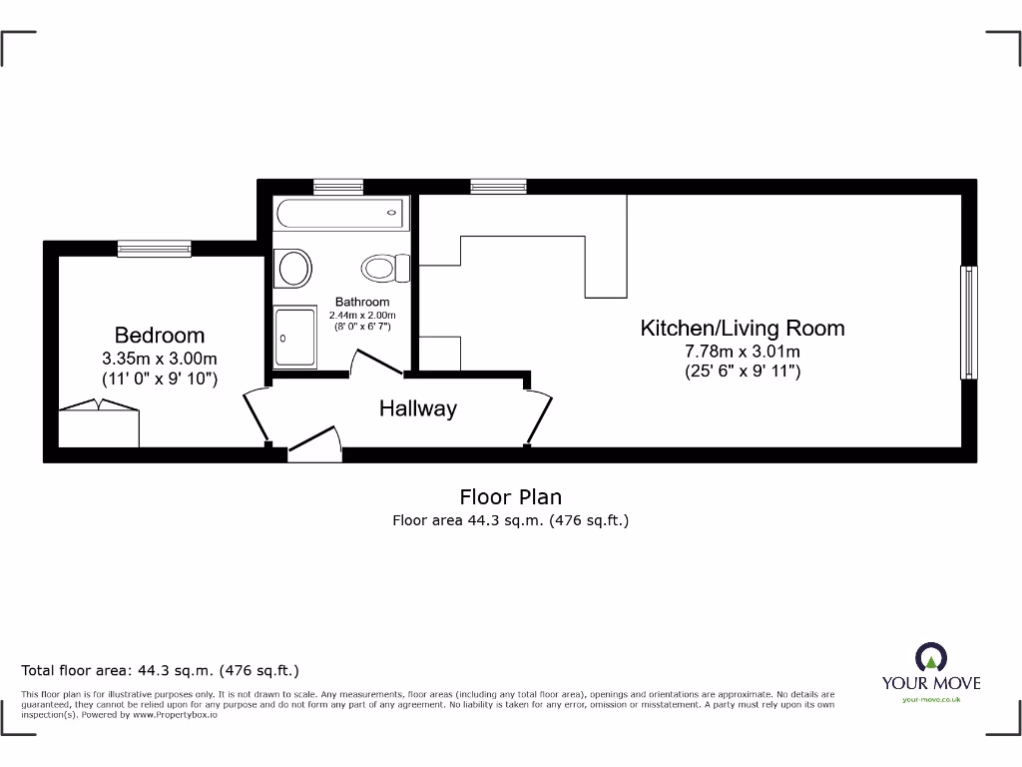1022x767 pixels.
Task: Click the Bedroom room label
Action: point(160,336)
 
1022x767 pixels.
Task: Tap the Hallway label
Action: point(417,408)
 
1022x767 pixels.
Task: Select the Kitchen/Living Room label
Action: point(742,328)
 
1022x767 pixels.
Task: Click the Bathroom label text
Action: point(362,302)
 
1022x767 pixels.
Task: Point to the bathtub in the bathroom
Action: point(340,213)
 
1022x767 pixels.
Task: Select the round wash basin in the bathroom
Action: point(293,268)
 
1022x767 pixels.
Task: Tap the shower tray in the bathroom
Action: point(295,338)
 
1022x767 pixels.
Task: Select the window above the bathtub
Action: point(338,187)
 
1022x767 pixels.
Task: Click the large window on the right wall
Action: point(967,323)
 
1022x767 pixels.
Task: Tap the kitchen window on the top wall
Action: point(498,187)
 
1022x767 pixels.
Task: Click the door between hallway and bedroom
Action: point(255,414)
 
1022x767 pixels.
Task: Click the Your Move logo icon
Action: point(931,656)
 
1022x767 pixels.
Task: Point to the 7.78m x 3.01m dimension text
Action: point(742,352)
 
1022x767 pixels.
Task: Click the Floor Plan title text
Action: point(510,496)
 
